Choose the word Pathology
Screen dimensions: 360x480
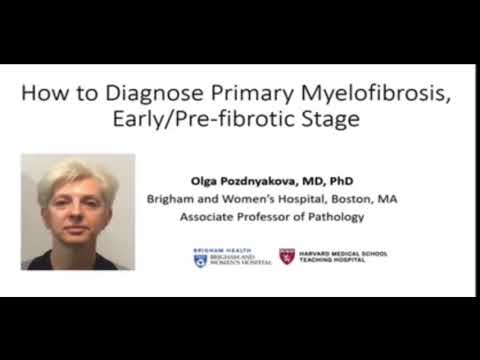(336, 216)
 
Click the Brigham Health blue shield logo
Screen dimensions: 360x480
(200, 259)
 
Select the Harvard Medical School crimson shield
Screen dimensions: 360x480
(287, 256)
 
